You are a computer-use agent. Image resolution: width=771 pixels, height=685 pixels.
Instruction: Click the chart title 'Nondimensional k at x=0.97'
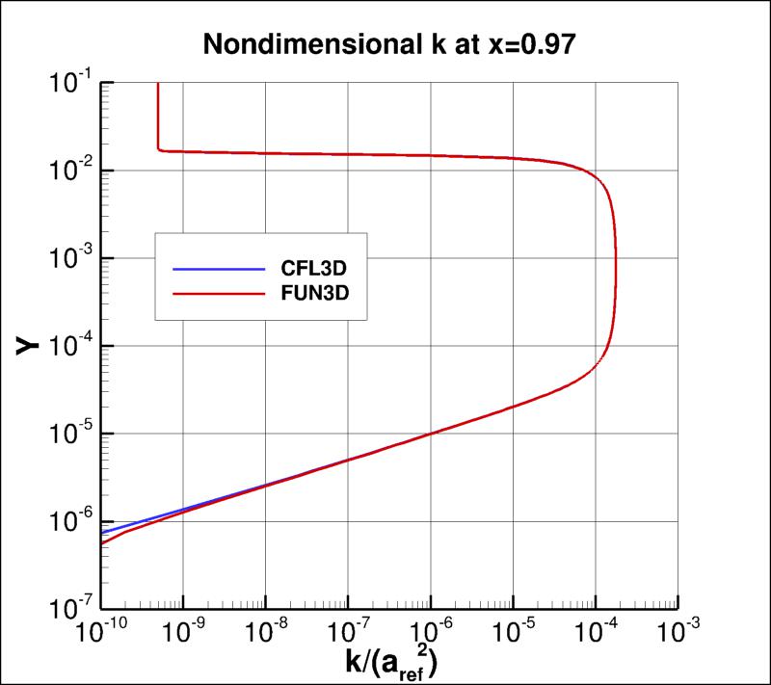pyautogui.click(x=385, y=43)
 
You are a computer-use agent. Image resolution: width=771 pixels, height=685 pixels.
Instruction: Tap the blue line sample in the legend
pyautogui.click(x=218, y=269)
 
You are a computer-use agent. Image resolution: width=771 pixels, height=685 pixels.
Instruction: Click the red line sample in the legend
pyautogui.click(x=218, y=292)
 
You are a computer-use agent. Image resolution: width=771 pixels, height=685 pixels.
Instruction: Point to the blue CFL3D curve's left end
pyautogui.click(x=102, y=532)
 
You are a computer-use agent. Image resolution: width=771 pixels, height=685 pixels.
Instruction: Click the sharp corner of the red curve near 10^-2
pyautogui.click(x=157, y=149)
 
